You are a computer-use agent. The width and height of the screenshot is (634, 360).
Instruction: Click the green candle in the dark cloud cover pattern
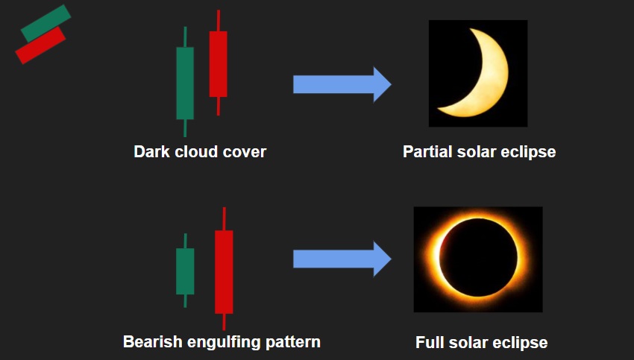click(x=185, y=83)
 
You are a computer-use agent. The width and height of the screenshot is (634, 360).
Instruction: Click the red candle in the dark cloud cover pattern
click(x=218, y=64)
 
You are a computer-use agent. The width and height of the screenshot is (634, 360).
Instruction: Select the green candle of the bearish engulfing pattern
click(x=185, y=271)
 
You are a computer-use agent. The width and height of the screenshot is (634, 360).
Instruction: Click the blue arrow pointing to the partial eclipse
click(x=342, y=84)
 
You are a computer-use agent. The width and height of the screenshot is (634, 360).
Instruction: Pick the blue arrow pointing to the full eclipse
click(x=342, y=259)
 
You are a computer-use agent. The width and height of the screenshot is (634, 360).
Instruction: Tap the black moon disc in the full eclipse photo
click(x=478, y=257)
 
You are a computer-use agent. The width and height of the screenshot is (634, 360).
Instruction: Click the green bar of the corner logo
click(x=45, y=23)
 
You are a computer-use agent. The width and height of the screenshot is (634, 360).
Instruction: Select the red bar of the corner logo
click(x=40, y=45)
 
